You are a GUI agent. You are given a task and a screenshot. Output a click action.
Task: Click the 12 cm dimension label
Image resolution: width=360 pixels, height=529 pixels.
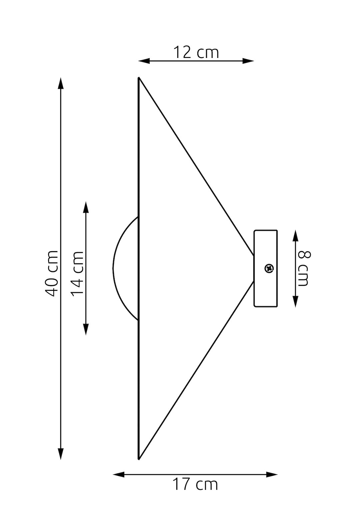pyautogui.click(x=196, y=52)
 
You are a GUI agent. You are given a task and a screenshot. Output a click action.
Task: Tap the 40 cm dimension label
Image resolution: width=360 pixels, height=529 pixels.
pyautogui.click(x=52, y=273)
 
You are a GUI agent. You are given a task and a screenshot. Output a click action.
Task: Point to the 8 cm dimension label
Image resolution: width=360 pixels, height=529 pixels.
pyautogui.click(x=304, y=268)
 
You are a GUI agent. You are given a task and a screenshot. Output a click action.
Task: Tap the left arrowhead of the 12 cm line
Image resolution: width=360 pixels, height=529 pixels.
pyautogui.click(x=144, y=61)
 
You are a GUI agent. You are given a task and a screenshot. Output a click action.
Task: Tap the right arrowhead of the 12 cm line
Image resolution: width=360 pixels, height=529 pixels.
pyautogui.click(x=248, y=61)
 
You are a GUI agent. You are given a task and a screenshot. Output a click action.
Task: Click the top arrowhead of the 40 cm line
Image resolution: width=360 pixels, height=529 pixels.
pyautogui.click(x=61, y=83)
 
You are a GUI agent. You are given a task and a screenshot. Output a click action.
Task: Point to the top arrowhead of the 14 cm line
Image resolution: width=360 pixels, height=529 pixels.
pyautogui.click(x=86, y=207)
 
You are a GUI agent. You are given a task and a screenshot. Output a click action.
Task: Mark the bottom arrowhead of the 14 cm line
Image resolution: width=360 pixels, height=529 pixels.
pyautogui.click(x=86, y=329)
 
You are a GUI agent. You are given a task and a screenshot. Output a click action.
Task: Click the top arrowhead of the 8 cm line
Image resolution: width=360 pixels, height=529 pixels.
pyautogui.click(x=295, y=236)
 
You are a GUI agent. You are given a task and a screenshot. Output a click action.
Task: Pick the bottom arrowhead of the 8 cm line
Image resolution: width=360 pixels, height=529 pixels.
pyautogui.click(x=295, y=301)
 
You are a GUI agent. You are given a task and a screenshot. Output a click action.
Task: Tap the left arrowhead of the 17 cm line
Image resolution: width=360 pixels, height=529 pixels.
pyautogui.click(x=119, y=474)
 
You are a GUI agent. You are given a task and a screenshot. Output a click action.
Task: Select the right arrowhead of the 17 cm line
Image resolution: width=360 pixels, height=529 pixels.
pyautogui.click(x=272, y=474)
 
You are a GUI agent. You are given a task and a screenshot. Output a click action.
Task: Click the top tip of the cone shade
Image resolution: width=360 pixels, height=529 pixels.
pyautogui.click(x=139, y=78)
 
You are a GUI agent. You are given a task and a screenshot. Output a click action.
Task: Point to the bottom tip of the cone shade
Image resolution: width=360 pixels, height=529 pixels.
pyautogui.click(x=139, y=460)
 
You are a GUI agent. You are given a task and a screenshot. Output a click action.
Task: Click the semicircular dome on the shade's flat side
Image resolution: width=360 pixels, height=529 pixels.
pyautogui.click(x=113, y=268)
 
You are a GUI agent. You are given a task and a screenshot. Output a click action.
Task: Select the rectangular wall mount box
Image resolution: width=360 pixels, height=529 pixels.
pyautogui.click(x=265, y=268)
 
